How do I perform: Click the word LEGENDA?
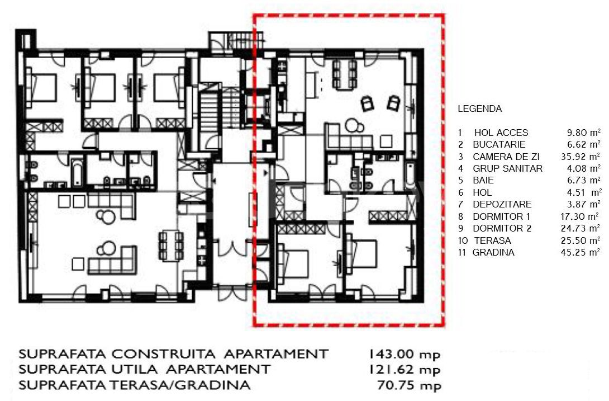click(x=480, y=109)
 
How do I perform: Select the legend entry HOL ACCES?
click(x=501, y=133)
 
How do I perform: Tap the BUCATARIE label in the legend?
click(x=499, y=145)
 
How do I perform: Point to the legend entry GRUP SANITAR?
click(x=508, y=169)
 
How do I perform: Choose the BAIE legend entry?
click(x=483, y=181)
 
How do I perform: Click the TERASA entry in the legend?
click(x=492, y=240)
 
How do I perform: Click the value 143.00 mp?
click(x=404, y=355)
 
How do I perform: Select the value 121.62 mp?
click(x=404, y=370)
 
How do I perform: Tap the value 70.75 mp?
click(x=409, y=385)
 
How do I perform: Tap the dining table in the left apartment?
click(x=172, y=246)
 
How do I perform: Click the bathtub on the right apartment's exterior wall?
click(x=410, y=176)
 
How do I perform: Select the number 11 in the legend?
click(x=462, y=252)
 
